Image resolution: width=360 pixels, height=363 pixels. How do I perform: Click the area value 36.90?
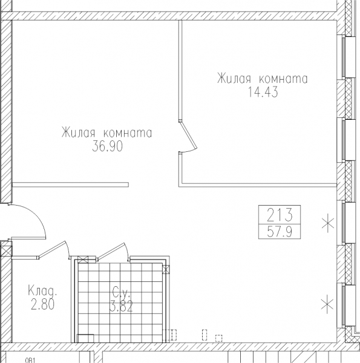click(108, 146)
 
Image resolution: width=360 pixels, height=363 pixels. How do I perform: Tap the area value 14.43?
click(263, 92)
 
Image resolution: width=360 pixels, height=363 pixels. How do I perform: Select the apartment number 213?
click(280, 215)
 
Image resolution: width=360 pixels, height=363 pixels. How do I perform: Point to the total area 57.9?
click(280, 232)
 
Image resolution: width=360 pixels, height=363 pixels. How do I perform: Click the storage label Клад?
click(42, 290)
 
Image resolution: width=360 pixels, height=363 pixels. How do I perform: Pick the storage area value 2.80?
click(42, 304)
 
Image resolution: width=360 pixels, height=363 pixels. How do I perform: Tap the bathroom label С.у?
click(120, 292)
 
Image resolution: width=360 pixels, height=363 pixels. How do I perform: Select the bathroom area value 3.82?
click(121, 306)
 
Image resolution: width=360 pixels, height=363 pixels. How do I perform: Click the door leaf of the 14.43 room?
click(188, 135)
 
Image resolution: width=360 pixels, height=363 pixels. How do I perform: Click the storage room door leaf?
click(52, 249)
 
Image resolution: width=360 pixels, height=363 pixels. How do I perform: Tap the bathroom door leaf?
click(111, 250)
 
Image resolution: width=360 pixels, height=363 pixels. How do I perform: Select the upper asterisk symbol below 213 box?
click(328, 224)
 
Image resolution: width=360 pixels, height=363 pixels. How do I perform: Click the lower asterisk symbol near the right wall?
click(327, 304)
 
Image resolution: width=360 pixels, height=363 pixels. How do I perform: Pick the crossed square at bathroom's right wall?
click(166, 269)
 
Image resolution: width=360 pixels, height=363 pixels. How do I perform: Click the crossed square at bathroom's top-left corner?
click(83, 260)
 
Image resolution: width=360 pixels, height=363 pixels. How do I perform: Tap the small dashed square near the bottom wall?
click(219, 338)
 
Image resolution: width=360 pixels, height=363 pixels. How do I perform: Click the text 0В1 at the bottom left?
click(30, 361)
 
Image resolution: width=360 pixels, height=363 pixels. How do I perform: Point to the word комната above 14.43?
click(283, 79)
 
